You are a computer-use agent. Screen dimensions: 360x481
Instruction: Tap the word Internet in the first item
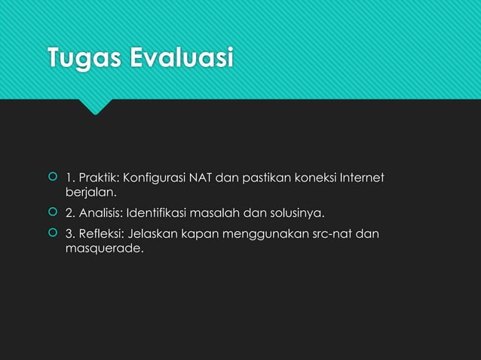(361, 178)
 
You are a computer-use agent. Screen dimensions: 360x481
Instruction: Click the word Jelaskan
(152, 234)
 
